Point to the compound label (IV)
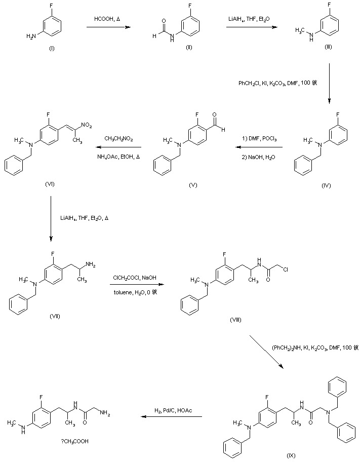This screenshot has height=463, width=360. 326,185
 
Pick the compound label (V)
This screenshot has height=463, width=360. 193,185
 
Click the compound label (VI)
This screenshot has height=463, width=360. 50,185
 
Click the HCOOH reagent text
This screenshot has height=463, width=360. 107,19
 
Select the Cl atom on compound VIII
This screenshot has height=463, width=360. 285,271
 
